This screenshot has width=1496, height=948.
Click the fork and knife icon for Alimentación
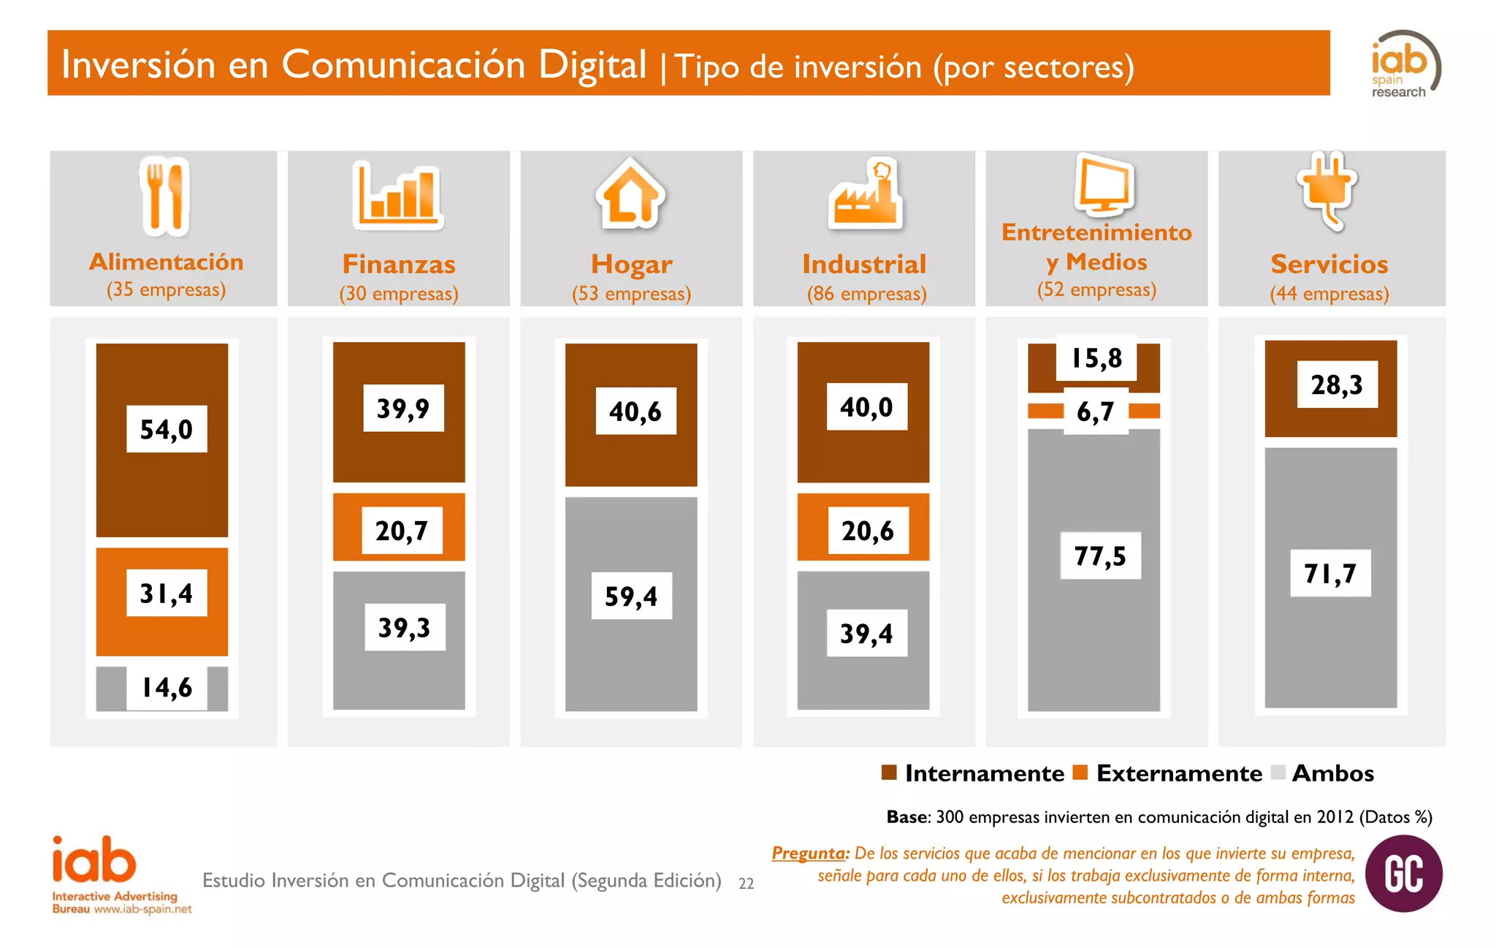pyautogui.click(x=165, y=197)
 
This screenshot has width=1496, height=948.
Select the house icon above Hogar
pyautogui.click(x=630, y=193)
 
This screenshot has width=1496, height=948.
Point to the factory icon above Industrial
pyautogui.click(x=866, y=194)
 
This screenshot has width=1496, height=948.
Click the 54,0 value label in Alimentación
pyautogui.click(x=167, y=429)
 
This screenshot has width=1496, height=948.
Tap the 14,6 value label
pyautogui.click(x=167, y=688)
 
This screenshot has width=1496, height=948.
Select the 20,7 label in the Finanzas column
pyautogui.click(x=402, y=531)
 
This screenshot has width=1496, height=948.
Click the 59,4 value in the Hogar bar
pyautogui.click(x=631, y=596)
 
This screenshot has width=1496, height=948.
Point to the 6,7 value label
pyautogui.click(x=1096, y=412)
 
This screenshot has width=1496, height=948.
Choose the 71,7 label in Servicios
pyautogui.click(x=1330, y=574)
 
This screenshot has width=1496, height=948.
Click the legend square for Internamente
pyautogui.click(x=889, y=773)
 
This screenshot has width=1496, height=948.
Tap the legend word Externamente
pyautogui.click(x=1178, y=773)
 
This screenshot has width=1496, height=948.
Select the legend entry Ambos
pyautogui.click(x=1332, y=773)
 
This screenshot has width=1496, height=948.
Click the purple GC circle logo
pyautogui.click(x=1403, y=873)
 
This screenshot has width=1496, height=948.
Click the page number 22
pyautogui.click(x=746, y=884)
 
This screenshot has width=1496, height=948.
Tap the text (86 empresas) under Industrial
pyautogui.click(x=866, y=294)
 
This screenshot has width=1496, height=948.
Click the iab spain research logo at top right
pyautogui.click(x=1405, y=64)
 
